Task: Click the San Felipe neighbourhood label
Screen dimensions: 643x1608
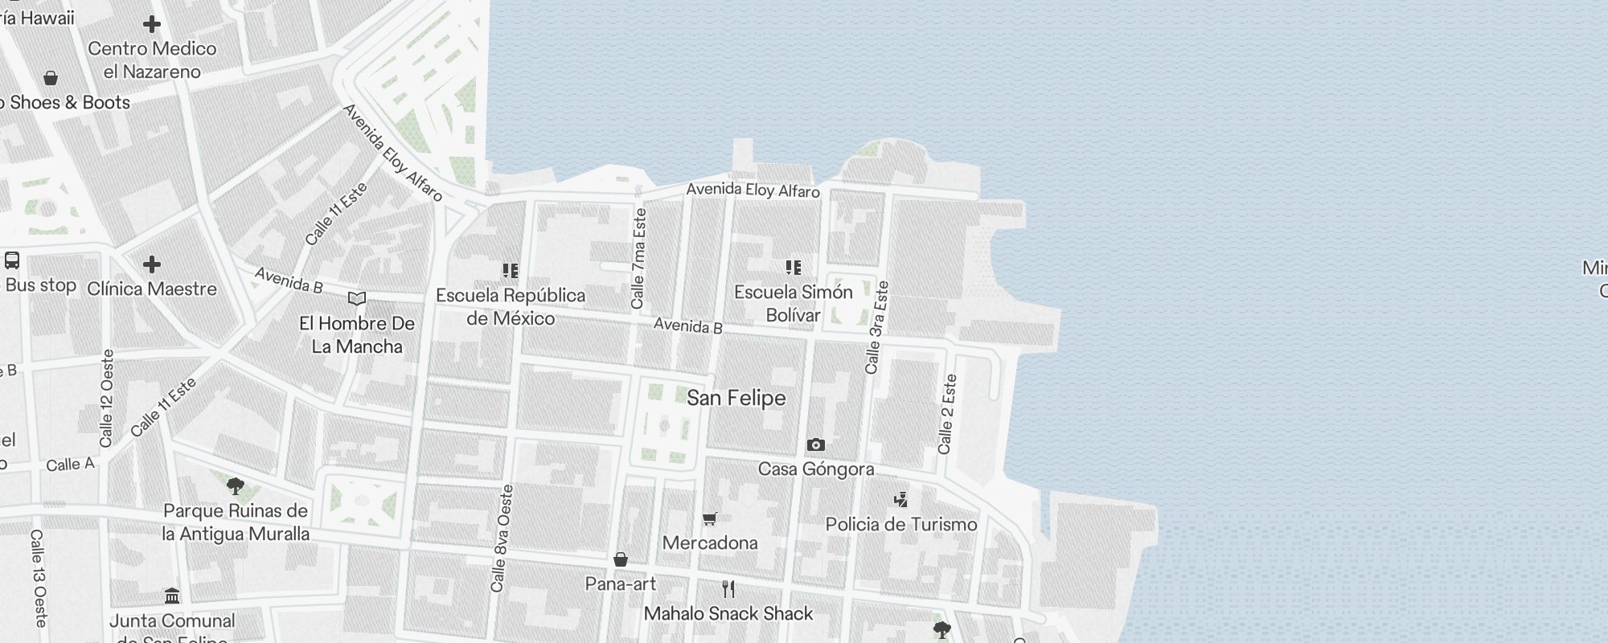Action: click(736, 398)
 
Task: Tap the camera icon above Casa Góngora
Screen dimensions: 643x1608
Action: click(815, 444)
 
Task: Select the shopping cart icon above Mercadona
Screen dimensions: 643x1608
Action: click(709, 518)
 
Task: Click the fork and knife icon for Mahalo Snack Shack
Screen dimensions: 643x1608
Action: click(728, 589)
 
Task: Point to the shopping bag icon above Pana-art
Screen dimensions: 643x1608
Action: click(620, 559)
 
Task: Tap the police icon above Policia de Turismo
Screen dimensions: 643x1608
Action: click(900, 500)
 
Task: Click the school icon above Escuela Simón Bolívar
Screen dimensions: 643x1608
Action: click(793, 268)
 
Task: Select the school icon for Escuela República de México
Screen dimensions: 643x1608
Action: click(510, 271)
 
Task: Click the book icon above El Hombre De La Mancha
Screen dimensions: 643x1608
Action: click(356, 299)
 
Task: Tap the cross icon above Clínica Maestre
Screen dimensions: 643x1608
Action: click(151, 264)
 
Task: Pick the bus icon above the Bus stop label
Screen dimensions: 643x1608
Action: click(12, 260)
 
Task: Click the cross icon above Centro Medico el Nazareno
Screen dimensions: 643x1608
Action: click(151, 24)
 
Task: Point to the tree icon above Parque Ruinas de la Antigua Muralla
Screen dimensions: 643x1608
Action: click(235, 486)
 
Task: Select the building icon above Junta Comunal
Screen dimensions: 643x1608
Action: click(171, 596)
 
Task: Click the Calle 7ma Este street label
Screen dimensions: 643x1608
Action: click(639, 259)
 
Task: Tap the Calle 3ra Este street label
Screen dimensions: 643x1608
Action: click(876, 327)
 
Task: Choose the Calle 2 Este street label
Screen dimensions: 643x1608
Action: click(947, 414)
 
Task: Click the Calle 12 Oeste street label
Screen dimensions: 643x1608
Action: click(107, 399)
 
